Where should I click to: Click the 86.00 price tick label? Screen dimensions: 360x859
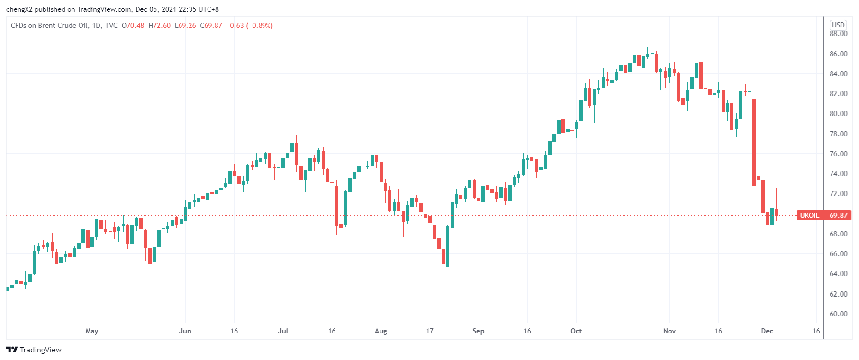[x=838, y=54]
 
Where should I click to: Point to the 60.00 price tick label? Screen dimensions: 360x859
[x=838, y=314]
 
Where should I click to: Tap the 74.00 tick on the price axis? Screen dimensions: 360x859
[x=838, y=174]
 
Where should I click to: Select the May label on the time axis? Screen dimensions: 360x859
[x=92, y=331]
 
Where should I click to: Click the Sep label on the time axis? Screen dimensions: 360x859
[x=478, y=331]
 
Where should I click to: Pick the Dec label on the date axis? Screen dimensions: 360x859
[x=767, y=331]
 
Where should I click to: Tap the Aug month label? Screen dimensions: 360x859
[x=380, y=331]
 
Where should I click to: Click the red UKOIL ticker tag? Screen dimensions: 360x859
[x=809, y=216]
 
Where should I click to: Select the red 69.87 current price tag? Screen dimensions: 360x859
[x=838, y=216]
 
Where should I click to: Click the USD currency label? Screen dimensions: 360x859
[x=838, y=25]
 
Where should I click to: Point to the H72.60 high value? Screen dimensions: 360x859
[x=159, y=26]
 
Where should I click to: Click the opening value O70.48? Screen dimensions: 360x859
[x=133, y=26]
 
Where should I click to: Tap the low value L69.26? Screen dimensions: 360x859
[x=185, y=26]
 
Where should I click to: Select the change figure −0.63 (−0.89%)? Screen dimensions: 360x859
[x=249, y=26]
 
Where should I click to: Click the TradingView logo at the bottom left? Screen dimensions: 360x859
[x=34, y=350]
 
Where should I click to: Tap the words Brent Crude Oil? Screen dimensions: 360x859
[x=63, y=26]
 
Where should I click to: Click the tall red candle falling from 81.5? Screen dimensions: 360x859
[x=754, y=142]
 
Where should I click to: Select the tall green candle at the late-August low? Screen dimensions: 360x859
[x=447, y=246]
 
